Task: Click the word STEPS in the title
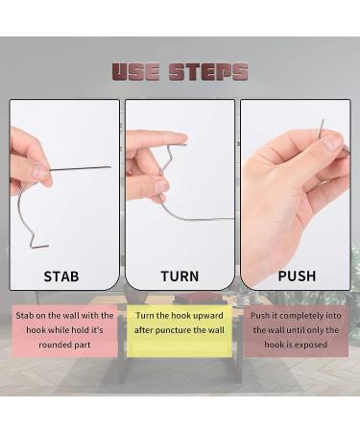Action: pyautogui.click(x=207, y=72)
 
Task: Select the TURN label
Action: pyautogui.click(x=180, y=276)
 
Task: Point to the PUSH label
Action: pyautogui.click(x=296, y=276)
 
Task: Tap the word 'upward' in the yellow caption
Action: pyautogui.click(x=208, y=316)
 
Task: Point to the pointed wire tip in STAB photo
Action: pyautogui.click(x=108, y=167)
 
